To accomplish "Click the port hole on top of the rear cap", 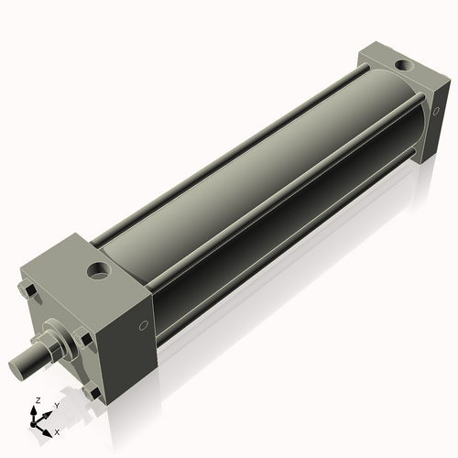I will (401, 65).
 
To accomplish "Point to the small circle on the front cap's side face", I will (142, 327).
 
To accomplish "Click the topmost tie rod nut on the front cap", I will (28, 292).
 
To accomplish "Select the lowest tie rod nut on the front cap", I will (92, 393).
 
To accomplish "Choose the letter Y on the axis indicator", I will (56, 404).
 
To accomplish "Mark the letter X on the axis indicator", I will (58, 431).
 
